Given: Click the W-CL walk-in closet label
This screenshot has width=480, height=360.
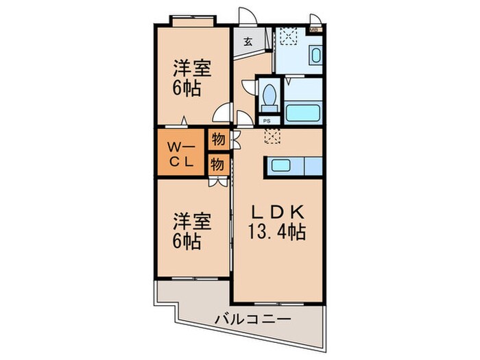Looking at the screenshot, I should pyautogui.click(x=181, y=154).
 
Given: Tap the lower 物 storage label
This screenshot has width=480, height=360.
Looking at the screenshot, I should pyautogui.click(x=217, y=164).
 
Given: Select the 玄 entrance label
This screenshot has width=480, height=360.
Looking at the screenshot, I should pyautogui.click(x=248, y=41).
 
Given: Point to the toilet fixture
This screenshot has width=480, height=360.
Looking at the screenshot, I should pyautogui.click(x=269, y=93).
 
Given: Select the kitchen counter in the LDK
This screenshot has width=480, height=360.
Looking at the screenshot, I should pyautogui.click(x=296, y=165).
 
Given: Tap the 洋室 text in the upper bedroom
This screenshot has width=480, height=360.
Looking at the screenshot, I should pyautogui.click(x=191, y=69).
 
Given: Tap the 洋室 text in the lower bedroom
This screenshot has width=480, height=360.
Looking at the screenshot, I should pyautogui.click(x=191, y=221).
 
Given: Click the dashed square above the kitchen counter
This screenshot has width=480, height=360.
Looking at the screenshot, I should pyautogui.click(x=272, y=136).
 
